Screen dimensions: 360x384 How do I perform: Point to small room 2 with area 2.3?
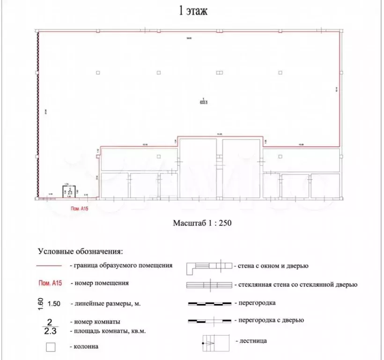[70, 191]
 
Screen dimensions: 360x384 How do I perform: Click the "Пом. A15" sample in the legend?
[50, 283]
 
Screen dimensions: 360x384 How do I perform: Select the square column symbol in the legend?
[51, 347]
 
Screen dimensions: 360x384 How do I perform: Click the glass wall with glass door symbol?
[210, 285]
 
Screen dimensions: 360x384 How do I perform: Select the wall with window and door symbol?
[209, 267]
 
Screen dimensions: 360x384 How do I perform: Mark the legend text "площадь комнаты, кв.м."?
[107, 331]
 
